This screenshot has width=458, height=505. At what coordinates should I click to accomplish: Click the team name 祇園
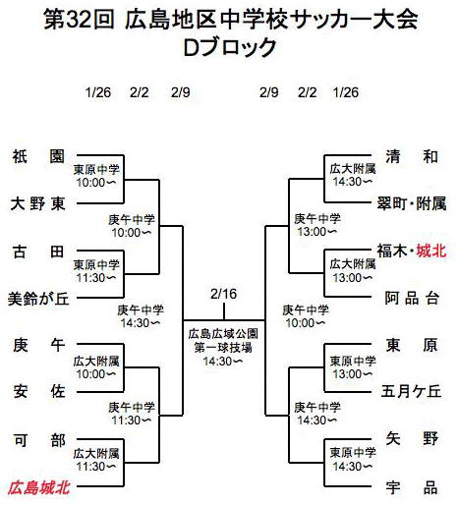point(38,156)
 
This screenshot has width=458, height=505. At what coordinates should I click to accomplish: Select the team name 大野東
point(38,203)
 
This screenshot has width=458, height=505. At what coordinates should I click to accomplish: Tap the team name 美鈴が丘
point(38,299)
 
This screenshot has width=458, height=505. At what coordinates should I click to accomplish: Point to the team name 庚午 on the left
point(39,345)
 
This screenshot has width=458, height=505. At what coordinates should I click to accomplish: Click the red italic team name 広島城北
point(38,487)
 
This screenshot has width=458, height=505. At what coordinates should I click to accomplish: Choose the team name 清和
point(412,156)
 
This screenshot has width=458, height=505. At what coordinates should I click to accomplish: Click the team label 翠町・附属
point(412,203)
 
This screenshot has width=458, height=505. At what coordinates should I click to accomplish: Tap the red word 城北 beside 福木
point(431,251)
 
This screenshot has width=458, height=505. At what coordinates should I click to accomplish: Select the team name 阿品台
point(412,299)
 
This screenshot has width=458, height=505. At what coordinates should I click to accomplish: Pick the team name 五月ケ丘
point(411,391)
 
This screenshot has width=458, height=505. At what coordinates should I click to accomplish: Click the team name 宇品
point(412,487)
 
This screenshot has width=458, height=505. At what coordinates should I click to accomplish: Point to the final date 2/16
point(223,294)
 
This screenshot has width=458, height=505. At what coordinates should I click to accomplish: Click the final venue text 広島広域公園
point(223,334)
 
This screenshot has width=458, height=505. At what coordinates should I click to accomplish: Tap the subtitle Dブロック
point(230,47)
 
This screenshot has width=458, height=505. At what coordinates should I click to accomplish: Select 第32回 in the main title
point(79,20)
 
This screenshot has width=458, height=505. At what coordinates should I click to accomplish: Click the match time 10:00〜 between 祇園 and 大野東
point(96,183)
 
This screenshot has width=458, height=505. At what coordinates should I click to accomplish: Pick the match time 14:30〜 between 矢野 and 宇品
point(353,466)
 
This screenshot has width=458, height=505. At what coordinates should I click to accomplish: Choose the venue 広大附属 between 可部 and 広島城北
point(96,454)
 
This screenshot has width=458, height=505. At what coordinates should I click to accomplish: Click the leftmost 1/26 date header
point(98,92)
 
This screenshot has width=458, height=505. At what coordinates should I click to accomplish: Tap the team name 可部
point(39,440)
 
